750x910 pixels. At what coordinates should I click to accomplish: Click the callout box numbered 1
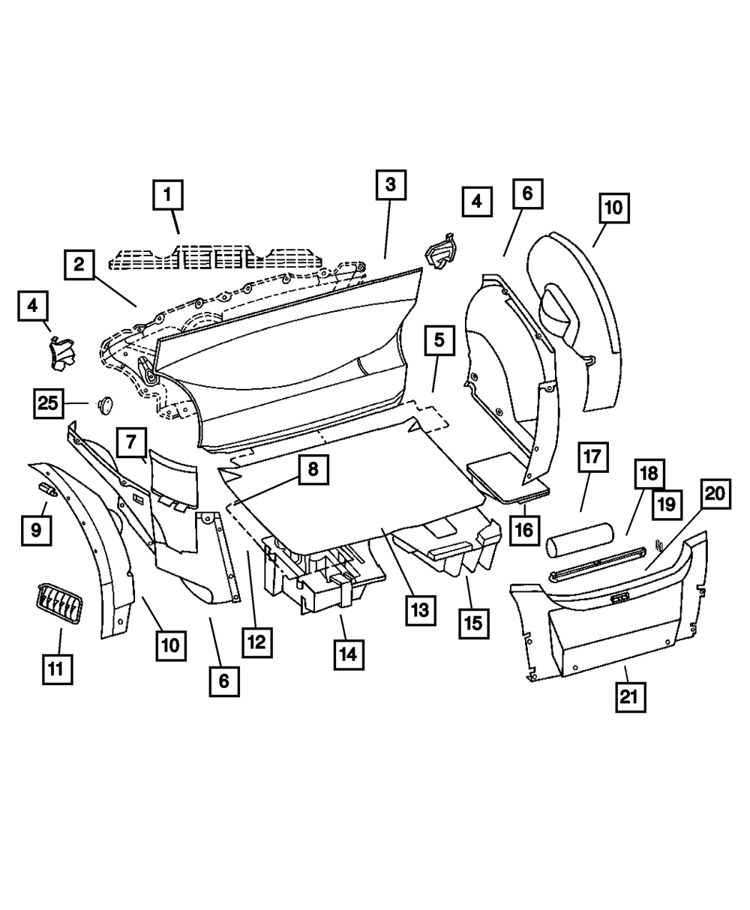(168, 196)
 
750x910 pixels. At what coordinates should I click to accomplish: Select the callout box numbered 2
(79, 264)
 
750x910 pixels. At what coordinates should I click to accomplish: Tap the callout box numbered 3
(391, 184)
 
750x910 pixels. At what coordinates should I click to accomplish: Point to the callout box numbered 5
(439, 340)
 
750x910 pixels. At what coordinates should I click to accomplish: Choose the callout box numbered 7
(131, 442)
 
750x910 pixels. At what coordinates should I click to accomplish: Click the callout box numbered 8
(312, 470)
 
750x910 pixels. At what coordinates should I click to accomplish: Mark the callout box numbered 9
(36, 531)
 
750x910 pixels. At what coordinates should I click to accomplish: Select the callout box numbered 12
(257, 642)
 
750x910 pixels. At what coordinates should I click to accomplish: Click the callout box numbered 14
(346, 654)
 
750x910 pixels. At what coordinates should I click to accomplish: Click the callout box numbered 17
(592, 457)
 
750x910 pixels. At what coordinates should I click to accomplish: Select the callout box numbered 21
(630, 696)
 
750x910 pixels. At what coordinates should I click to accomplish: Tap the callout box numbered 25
(48, 403)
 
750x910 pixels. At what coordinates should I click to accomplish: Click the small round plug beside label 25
(104, 404)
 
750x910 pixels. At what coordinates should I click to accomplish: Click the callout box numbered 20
(715, 495)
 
